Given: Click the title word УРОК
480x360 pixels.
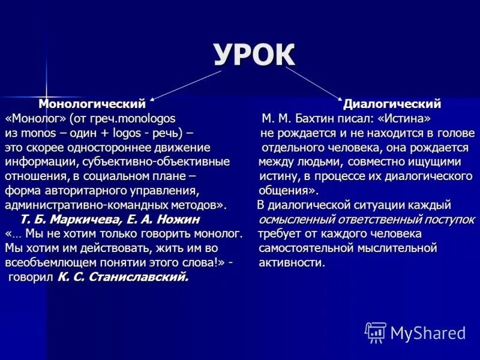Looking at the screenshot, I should click(x=254, y=55).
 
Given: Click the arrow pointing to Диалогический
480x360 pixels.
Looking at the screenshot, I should click(x=312, y=82).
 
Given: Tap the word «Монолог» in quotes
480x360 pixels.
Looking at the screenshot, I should click(x=35, y=118).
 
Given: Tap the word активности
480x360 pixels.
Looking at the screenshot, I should click(x=292, y=262).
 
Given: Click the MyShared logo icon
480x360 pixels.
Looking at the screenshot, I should click(x=375, y=332).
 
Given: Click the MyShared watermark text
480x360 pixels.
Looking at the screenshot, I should click(x=428, y=332).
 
